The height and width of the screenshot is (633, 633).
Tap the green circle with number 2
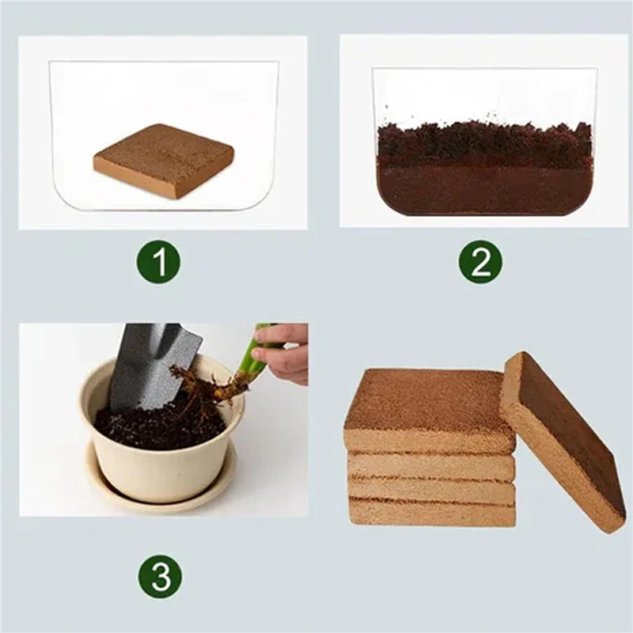click(x=481, y=262)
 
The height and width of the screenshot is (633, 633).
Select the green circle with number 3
click(x=161, y=577)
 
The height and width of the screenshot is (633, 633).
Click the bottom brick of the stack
click(x=431, y=514)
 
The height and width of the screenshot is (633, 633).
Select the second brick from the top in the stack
click(x=431, y=466)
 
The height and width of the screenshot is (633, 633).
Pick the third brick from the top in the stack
click(x=431, y=491)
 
